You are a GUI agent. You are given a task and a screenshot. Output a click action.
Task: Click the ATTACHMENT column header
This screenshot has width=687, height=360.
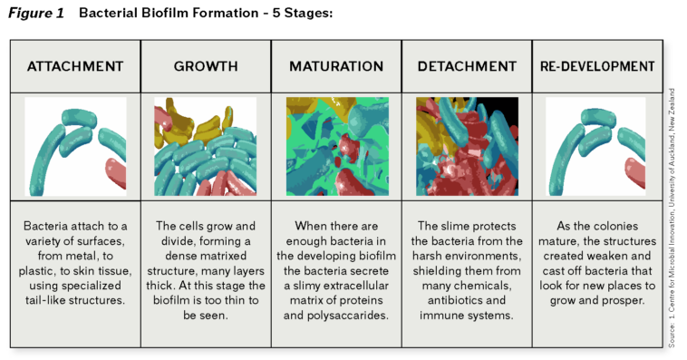pos(75,66)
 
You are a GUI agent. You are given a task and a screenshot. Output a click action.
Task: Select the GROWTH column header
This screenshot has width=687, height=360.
pos(206,66)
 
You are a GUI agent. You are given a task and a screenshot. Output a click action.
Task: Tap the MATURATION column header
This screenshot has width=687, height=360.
pos(336,66)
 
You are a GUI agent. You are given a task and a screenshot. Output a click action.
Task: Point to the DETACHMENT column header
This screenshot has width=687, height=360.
pos(467,66)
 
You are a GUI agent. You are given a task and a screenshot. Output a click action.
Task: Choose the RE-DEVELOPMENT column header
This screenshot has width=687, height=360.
pos(596,66)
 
